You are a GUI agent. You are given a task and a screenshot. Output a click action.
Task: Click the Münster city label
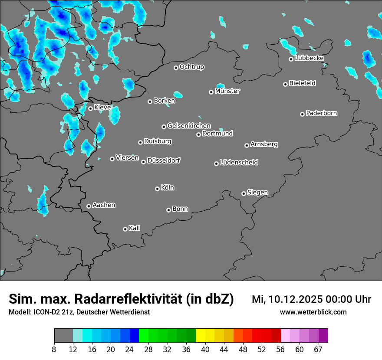pyautogui.click(x=227, y=91)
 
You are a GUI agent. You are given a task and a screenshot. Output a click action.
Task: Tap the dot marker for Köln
pyautogui.click(x=157, y=189)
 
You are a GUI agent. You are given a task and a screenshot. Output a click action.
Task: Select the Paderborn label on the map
pyautogui.click(x=322, y=113)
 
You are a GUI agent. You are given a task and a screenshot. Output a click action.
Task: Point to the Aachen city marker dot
pyautogui.click(x=89, y=206)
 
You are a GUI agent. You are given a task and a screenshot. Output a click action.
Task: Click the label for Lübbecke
pyautogui.click(x=310, y=58)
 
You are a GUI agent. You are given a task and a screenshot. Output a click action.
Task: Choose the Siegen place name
pyautogui.click(x=257, y=193)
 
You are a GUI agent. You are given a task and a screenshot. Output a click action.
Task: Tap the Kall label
pyautogui.click(x=135, y=228)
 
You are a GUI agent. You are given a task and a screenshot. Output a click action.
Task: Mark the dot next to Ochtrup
pyautogui.click(x=176, y=68)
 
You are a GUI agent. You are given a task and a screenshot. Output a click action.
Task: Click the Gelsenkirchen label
pyautogui.click(x=189, y=126)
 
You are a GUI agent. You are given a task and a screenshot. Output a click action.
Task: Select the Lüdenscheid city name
pyautogui.click(x=239, y=163)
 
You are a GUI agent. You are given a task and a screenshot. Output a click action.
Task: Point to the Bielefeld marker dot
pyautogui.click(x=285, y=84)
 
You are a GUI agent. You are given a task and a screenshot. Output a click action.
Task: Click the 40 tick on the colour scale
pyautogui.click(x=205, y=349)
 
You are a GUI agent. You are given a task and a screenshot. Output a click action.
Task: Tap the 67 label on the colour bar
pyautogui.click(x=319, y=349)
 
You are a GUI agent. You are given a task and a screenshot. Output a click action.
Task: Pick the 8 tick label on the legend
pyautogui.click(x=54, y=349)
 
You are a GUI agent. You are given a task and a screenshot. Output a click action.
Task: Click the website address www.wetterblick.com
pyautogui.click(x=313, y=312)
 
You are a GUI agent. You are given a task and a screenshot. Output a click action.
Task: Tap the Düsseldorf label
pyautogui.click(x=164, y=160)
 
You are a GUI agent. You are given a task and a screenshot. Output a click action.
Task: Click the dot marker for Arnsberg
pyautogui.click(x=247, y=145)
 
